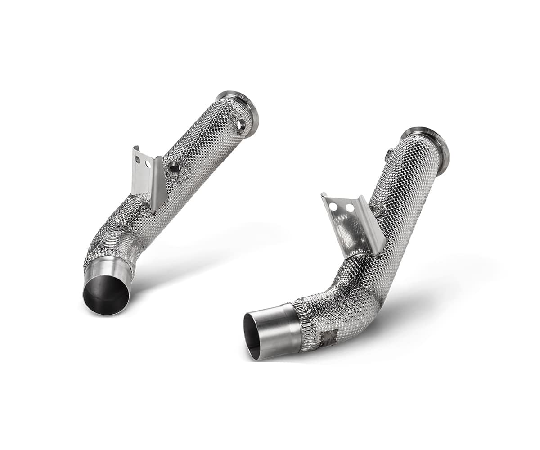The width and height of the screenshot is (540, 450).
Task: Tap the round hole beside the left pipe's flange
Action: tap(242, 125)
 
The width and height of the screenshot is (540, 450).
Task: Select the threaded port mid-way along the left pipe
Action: tap(174, 167)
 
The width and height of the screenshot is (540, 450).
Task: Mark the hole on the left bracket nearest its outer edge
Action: tap(137, 160)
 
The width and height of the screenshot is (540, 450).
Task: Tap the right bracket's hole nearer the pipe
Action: tap(350, 208)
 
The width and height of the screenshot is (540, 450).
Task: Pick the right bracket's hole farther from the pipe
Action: tap(333, 207)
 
